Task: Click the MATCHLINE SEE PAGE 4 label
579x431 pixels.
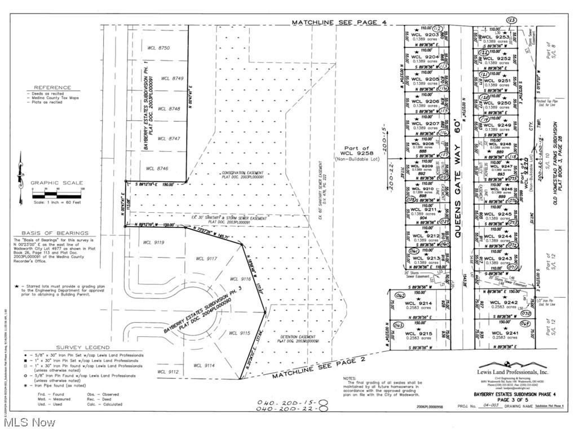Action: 339,22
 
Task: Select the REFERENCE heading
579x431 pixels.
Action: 52,87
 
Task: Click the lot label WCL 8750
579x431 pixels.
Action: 157,49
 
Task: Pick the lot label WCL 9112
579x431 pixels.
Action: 167,372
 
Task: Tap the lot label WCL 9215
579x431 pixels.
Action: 418,333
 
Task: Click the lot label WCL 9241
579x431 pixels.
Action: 504,333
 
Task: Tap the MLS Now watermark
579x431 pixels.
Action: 26,421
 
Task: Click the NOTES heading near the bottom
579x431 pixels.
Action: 348,378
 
